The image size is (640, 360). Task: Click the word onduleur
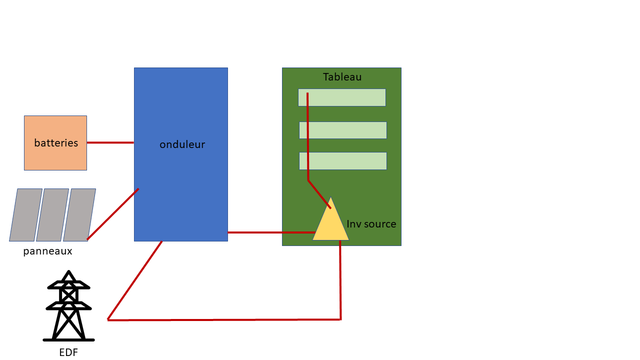tap(182, 144)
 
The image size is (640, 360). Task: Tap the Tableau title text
tap(342, 77)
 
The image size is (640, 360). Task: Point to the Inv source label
tap(371, 224)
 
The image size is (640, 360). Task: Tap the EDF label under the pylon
tap(68, 352)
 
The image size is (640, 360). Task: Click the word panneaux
tap(47, 251)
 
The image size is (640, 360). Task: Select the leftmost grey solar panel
tap(25, 215)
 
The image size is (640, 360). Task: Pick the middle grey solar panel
tap(52, 215)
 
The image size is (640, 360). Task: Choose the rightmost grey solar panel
tap(79, 215)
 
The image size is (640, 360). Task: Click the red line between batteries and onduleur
tap(110, 142)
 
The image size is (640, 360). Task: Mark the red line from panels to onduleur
tap(113, 214)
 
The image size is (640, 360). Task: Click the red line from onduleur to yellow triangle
tap(270, 232)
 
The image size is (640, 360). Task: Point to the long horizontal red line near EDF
tap(225, 320)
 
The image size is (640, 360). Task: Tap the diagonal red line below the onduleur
tap(135, 280)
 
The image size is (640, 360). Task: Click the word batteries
tap(56, 143)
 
